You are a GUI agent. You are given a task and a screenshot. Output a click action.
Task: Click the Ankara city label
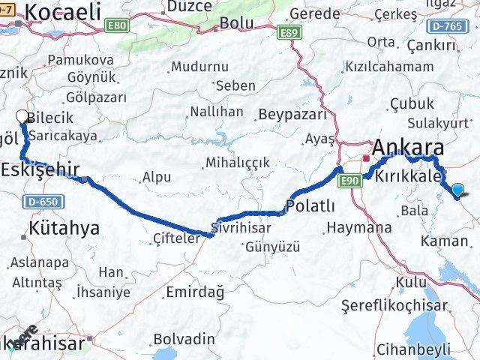point(408,147)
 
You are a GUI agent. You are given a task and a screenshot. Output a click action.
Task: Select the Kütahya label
point(64,227)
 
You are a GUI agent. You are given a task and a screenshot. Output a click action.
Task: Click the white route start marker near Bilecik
point(22,116)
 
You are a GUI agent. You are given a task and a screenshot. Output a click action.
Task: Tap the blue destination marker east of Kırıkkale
point(458,191)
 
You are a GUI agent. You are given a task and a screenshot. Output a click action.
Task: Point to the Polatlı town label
point(310,205)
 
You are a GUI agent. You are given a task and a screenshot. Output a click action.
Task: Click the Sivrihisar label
point(238,225)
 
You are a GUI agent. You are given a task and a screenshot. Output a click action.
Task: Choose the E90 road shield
point(349,181)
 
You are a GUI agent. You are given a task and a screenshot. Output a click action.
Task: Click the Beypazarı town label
point(292,115)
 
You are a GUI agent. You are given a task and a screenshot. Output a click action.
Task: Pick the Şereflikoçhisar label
point(394,305)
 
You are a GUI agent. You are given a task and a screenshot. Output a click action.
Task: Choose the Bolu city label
point(235,24)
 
